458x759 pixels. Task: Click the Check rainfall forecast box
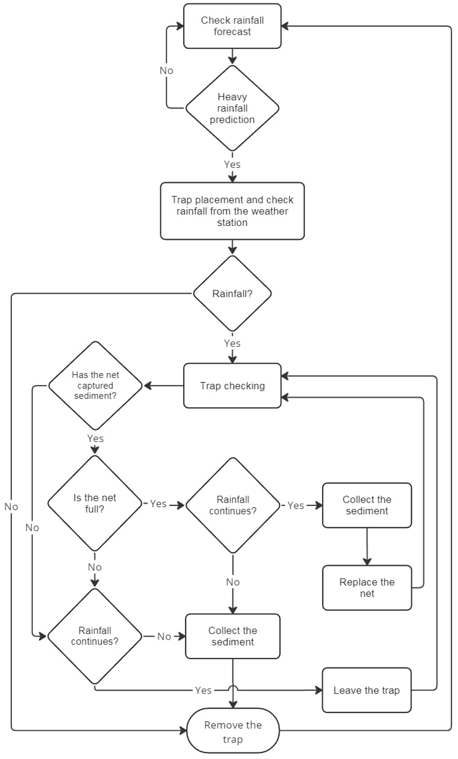pyautogui.click(x=232, y=26)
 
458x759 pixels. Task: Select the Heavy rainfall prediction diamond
pyautogui.click(x=232, y=108)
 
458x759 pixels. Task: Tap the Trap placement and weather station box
pyautogui.click(x=232, y=211)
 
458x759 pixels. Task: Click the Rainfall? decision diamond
pyautogui.click(x=232, y=293)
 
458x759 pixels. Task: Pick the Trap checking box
pyautogui.click(x=232, y=386)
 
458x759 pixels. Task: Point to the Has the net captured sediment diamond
pyautogui.click(x=95, y=385)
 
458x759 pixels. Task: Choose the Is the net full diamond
pyautogui.click(x=95, y=503)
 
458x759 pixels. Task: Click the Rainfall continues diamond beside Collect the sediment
pyautogui.click(x=233, y=505)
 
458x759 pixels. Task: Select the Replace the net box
pyautogui.click(x=367, y=588)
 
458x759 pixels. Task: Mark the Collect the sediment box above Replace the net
pyautogui.click(x=367, y=505)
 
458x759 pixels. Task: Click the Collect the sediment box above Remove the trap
pyautogui.click(x=233, y=636)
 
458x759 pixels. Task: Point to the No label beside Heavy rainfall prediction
pyautogui.click(x=166, y=71)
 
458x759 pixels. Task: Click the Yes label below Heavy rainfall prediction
pyautogui.click(x=232, y=164)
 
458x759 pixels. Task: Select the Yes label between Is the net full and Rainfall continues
pyautogui.click(x=158, y=504)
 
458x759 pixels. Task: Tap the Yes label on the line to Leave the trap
pyautogui.click(x=203, y=691)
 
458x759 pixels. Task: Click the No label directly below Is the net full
pyautogui.click(x=95, y=567)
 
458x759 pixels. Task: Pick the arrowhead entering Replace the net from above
pyautogui.click(x=367, y=561)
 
